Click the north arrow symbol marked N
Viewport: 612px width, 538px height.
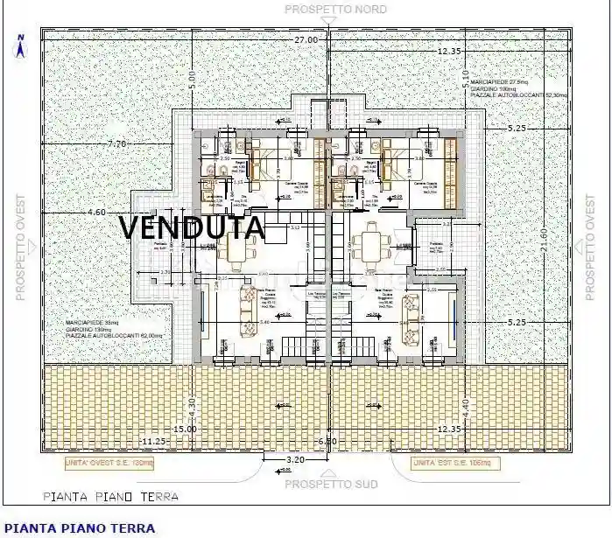click(19, 43)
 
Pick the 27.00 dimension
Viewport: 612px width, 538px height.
click(305, 39)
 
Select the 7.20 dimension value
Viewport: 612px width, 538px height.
click(116, 143)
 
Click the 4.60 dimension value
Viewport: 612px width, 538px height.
click(96, 212)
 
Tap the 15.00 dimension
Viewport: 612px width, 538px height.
click(185, 429)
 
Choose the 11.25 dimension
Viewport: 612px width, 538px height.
click(153, 440)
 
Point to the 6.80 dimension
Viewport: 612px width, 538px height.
click(327, 441)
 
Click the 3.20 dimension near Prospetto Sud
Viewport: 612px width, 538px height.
click(296, 459)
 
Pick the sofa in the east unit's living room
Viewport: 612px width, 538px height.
click(409, 311)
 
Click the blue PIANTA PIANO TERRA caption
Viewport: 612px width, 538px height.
click(80, 528)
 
